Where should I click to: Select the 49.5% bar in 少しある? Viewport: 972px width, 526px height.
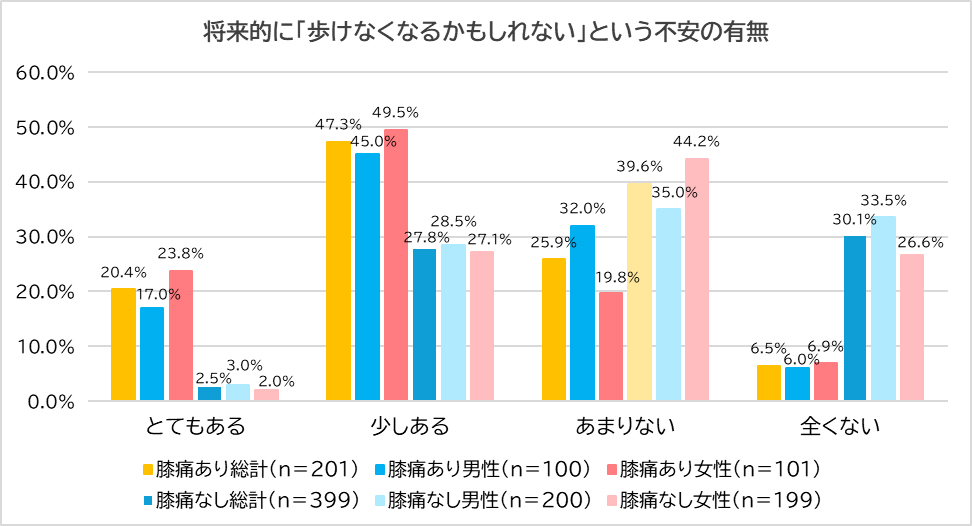tap(396, 265)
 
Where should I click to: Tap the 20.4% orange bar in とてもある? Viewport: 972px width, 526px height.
tap(123, 345)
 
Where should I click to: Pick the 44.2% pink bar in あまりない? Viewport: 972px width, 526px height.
tap(696, 280)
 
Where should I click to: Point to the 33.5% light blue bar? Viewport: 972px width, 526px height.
tap(883, 309)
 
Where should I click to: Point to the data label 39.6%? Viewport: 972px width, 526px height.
tap(641, 166)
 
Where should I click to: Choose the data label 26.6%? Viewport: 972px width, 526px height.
tap(918, 241)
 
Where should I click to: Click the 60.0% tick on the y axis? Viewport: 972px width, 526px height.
tap(47, 73)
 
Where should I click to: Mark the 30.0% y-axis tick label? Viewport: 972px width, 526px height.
tap(47, 237)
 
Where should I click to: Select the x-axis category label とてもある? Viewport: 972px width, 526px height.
tap(195, 427)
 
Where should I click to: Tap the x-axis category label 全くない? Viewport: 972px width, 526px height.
tap(840, 427)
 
